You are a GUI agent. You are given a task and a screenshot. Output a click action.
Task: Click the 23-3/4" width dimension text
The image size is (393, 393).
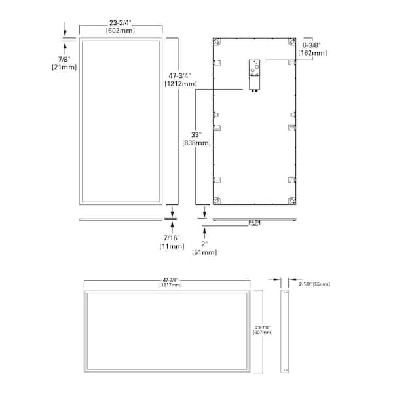pyautogui.click(x=121, y=22)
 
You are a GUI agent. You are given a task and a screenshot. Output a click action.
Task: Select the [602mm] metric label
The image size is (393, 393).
pyautogui.click(x=121, y=30)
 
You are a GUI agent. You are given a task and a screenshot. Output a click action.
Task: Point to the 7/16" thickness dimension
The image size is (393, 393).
pyautogui.click(x=171, y=237)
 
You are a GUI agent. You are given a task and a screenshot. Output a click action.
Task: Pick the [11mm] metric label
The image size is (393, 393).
pyautogui.click(x=171, y=246)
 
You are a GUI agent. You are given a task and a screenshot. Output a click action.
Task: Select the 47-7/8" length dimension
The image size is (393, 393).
pyautogui.click(x=166, y=279)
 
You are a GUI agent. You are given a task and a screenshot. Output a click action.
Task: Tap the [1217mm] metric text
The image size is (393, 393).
pyautogui.click(x=166, y=285)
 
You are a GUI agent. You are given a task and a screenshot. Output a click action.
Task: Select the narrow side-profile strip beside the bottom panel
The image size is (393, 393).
pyautogui.click(x=286, y=331)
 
